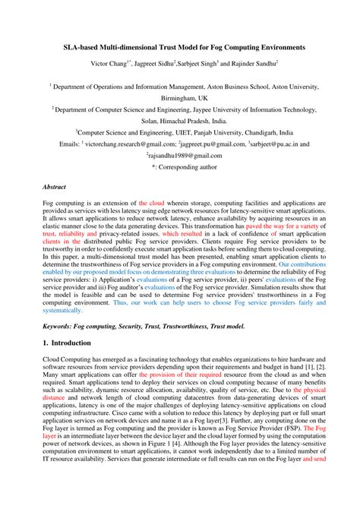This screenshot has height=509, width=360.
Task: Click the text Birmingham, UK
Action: (x=179, y=98)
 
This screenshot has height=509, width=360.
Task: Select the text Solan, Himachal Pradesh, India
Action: (x=179, y=120)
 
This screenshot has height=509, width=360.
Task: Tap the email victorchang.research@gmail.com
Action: (x=130, y=142)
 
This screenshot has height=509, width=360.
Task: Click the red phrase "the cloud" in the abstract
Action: (x=152, y=204)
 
